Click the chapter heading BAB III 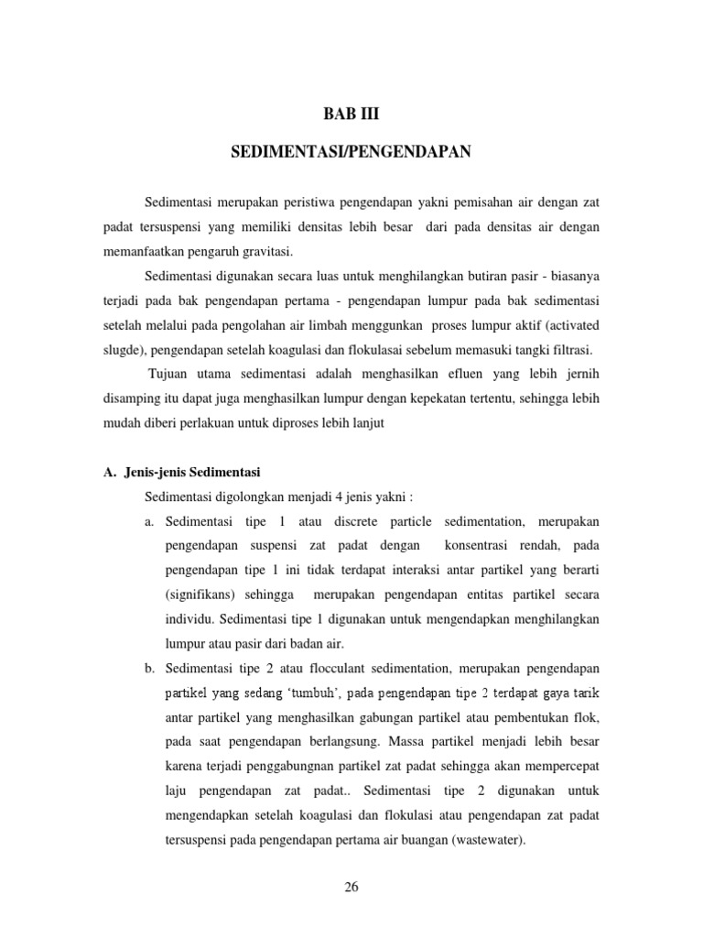[x=351, y=115]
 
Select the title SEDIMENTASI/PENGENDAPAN [x=351, y=152]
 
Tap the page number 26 [x=351, y=886]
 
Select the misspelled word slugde [x=121, y=350]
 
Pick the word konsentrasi [x=484, y=547]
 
